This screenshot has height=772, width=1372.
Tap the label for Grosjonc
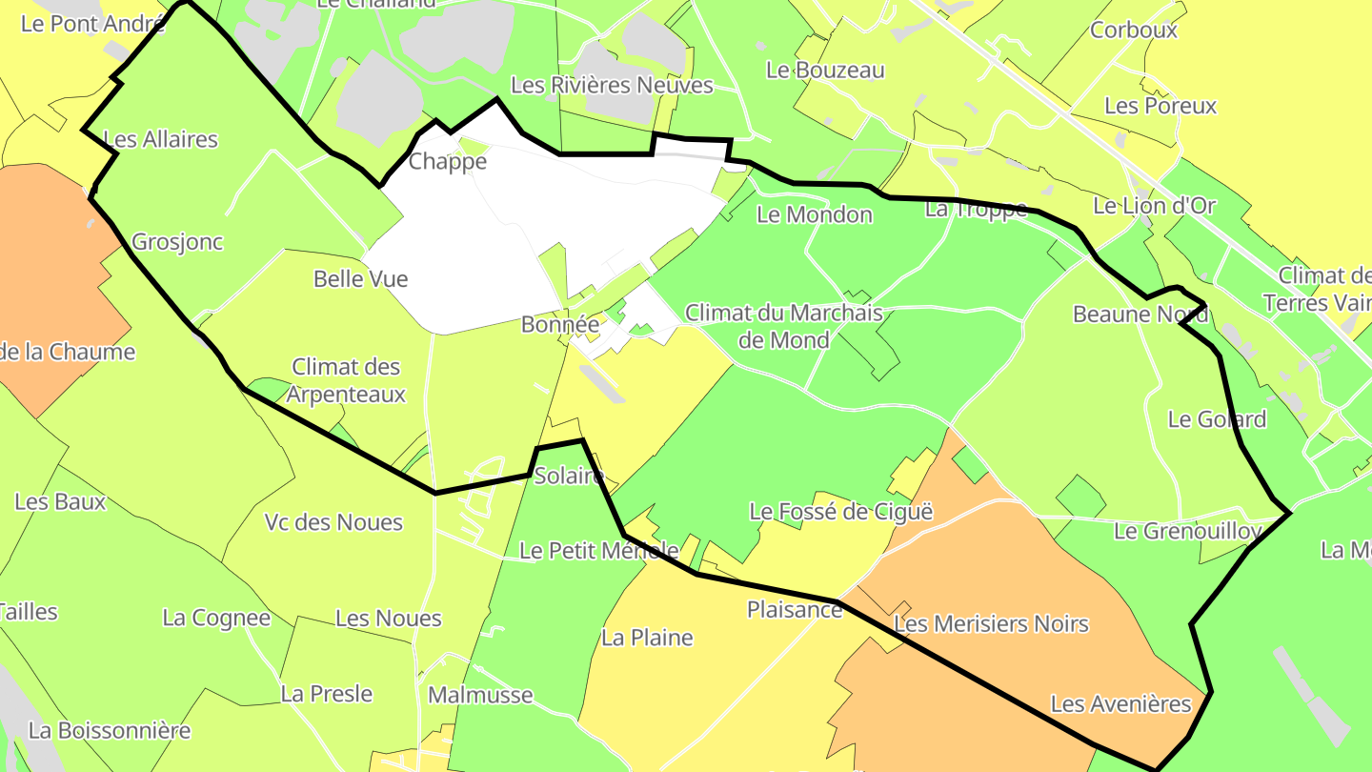[x=177, y=242]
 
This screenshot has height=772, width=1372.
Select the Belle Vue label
[x=360, y=279]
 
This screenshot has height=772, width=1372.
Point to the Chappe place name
[x=447, y=162]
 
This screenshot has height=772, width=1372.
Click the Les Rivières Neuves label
[x=612, y=86]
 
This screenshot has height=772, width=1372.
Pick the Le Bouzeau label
[x=825, y=71]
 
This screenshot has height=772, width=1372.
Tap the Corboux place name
[x=1134, y=30]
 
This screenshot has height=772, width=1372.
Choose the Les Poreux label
[x=1160, y=106]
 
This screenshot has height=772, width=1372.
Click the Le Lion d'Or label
[x=1154, y=206]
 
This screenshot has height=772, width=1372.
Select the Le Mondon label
[x=814, y=215]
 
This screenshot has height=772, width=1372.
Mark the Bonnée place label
[x=560, y=325]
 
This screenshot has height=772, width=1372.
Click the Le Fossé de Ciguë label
[x=840, y=512]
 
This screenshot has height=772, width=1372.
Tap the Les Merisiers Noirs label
[x=991, y=624]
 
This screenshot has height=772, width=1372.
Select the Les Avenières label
[x=1120, y=704]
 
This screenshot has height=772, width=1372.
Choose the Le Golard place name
[x=1217, y=419]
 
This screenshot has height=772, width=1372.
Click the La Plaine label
[x=647, y=638]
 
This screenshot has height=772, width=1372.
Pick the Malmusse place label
[x=480, y=695]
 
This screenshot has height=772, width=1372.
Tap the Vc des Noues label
[x=333, y=522]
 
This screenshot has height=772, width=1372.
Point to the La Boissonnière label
[x=110, y=731]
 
